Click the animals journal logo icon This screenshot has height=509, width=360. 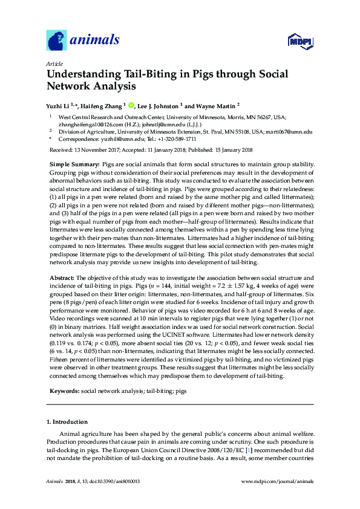pyautogui.click(x=56, y=41)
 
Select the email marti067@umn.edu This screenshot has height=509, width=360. pyautogui.click(x=289, y=131)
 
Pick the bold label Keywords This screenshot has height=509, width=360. pyautogui.click(x=63, y=391)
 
